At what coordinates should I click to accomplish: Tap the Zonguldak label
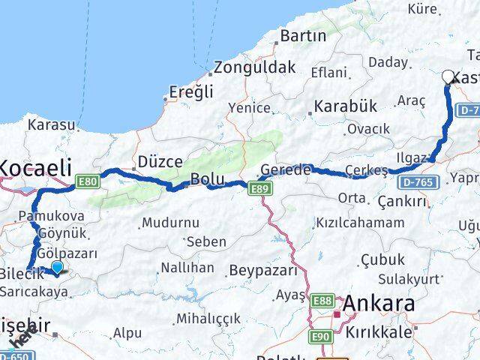pos(254,67)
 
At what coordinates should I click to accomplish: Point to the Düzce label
pos(160,161)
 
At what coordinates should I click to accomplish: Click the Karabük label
pos(345,106)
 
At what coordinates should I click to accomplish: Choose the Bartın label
pos(303,36)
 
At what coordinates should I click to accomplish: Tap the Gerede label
pos(286,170)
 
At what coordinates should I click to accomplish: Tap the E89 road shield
pos(258,190)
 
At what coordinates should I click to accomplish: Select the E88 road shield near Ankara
pos(322,300)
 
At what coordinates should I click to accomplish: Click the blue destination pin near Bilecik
pos(57,266)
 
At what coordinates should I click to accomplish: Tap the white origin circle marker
pos(448,76)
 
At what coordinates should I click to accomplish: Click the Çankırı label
pos(402,202)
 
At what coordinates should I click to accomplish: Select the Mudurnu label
pos(170,223)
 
